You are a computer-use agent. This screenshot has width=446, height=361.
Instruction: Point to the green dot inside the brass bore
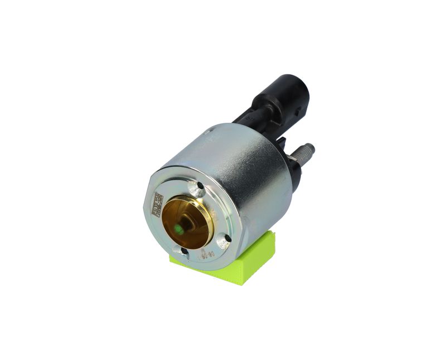pos(178,228)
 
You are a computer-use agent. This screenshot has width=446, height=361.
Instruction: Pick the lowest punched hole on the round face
pos(185,252)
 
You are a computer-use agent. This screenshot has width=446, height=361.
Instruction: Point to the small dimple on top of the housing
pos(209,133)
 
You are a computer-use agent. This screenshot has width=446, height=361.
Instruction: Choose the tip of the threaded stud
pos(311,148)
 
